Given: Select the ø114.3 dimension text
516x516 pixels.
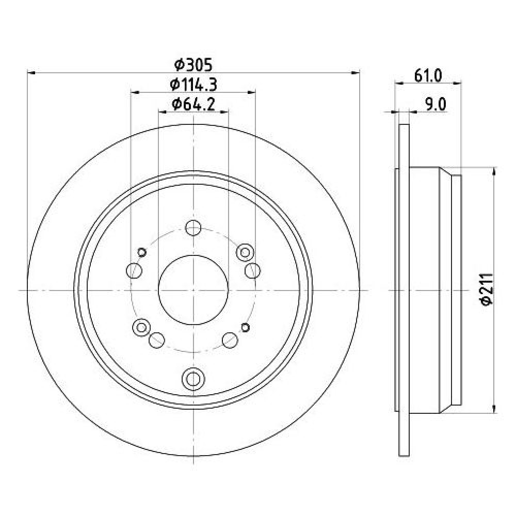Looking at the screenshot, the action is click(193, 85).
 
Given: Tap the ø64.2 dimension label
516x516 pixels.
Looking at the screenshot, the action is click(193, 104).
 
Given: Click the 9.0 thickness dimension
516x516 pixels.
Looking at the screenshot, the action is click(436, 105).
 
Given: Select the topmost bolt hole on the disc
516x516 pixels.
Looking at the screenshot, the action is click(193, 228).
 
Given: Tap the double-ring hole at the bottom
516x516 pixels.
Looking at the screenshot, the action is click(193, 378).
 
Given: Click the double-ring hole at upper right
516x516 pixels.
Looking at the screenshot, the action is click(245, 252).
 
